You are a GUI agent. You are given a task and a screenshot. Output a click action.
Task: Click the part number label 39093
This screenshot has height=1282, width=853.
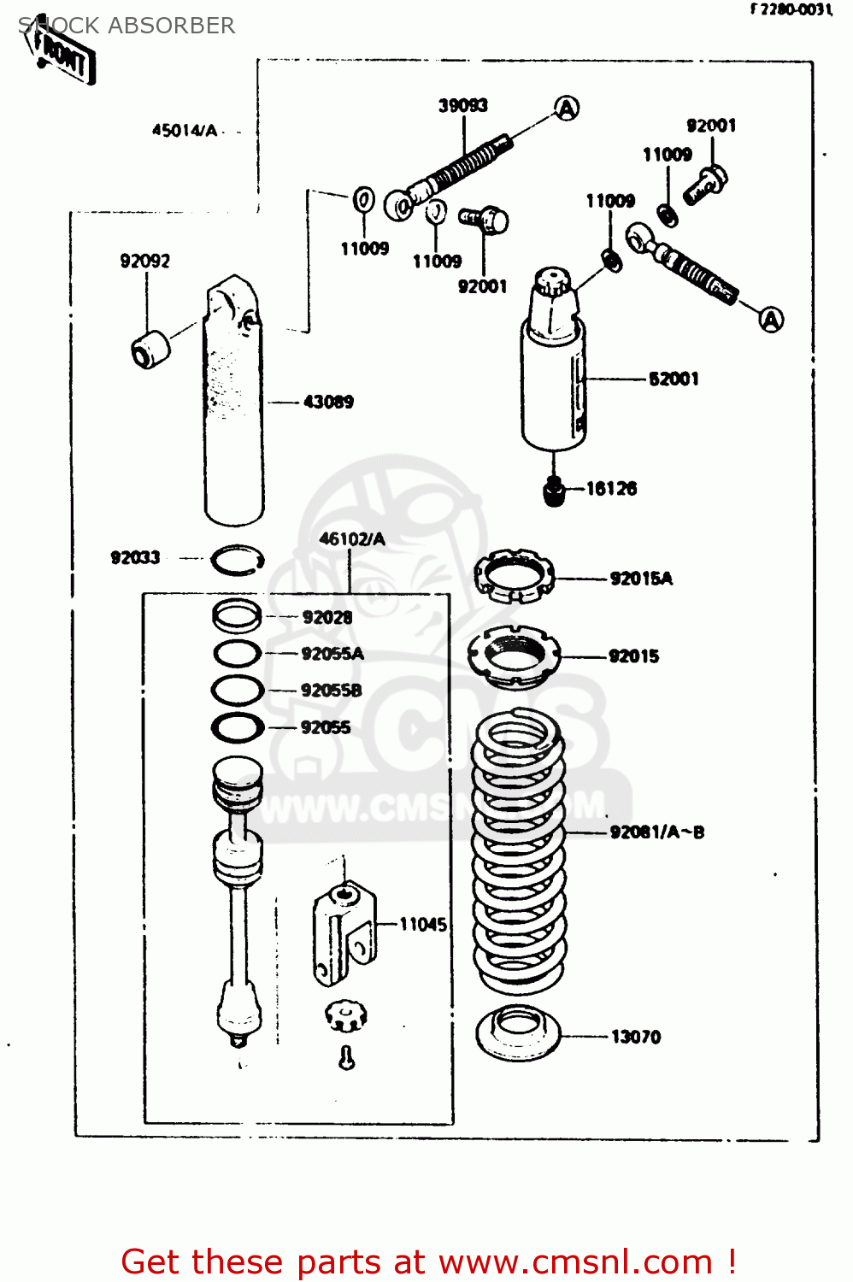(462, 105)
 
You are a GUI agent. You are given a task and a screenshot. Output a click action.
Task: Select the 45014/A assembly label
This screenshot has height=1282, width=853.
(185, 131)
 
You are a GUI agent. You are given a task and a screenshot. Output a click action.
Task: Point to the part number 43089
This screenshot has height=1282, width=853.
(328, 402)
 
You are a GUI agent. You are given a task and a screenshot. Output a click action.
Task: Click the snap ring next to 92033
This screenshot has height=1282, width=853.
(237, 560)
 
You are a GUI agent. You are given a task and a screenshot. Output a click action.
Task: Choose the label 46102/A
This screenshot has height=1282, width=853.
(351, 538)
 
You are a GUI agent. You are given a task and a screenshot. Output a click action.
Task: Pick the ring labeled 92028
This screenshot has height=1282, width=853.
(237, 615)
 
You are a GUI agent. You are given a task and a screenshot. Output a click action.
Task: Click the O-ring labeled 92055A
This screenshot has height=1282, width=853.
(237, 654)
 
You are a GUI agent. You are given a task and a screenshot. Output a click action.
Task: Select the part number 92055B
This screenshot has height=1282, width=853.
(331, 691)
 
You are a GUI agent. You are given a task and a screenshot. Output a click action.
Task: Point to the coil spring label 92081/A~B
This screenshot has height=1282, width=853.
(656, 832)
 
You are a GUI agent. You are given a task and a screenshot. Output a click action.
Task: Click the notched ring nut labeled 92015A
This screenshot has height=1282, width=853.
(514, 575)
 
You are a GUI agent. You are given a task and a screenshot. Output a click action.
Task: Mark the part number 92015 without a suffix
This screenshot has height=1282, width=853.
(633, 656)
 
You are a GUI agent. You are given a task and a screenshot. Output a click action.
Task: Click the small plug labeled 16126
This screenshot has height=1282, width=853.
(555, 492)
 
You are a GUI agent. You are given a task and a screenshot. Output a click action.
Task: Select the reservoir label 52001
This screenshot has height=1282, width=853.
(674, 379)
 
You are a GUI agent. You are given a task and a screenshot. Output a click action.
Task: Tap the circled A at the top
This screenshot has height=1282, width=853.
(567, 109)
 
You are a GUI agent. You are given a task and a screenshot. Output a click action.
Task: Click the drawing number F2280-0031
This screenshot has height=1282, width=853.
(791, 9)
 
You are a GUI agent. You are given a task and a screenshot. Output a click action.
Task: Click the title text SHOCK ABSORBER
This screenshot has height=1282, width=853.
(126, 26)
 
